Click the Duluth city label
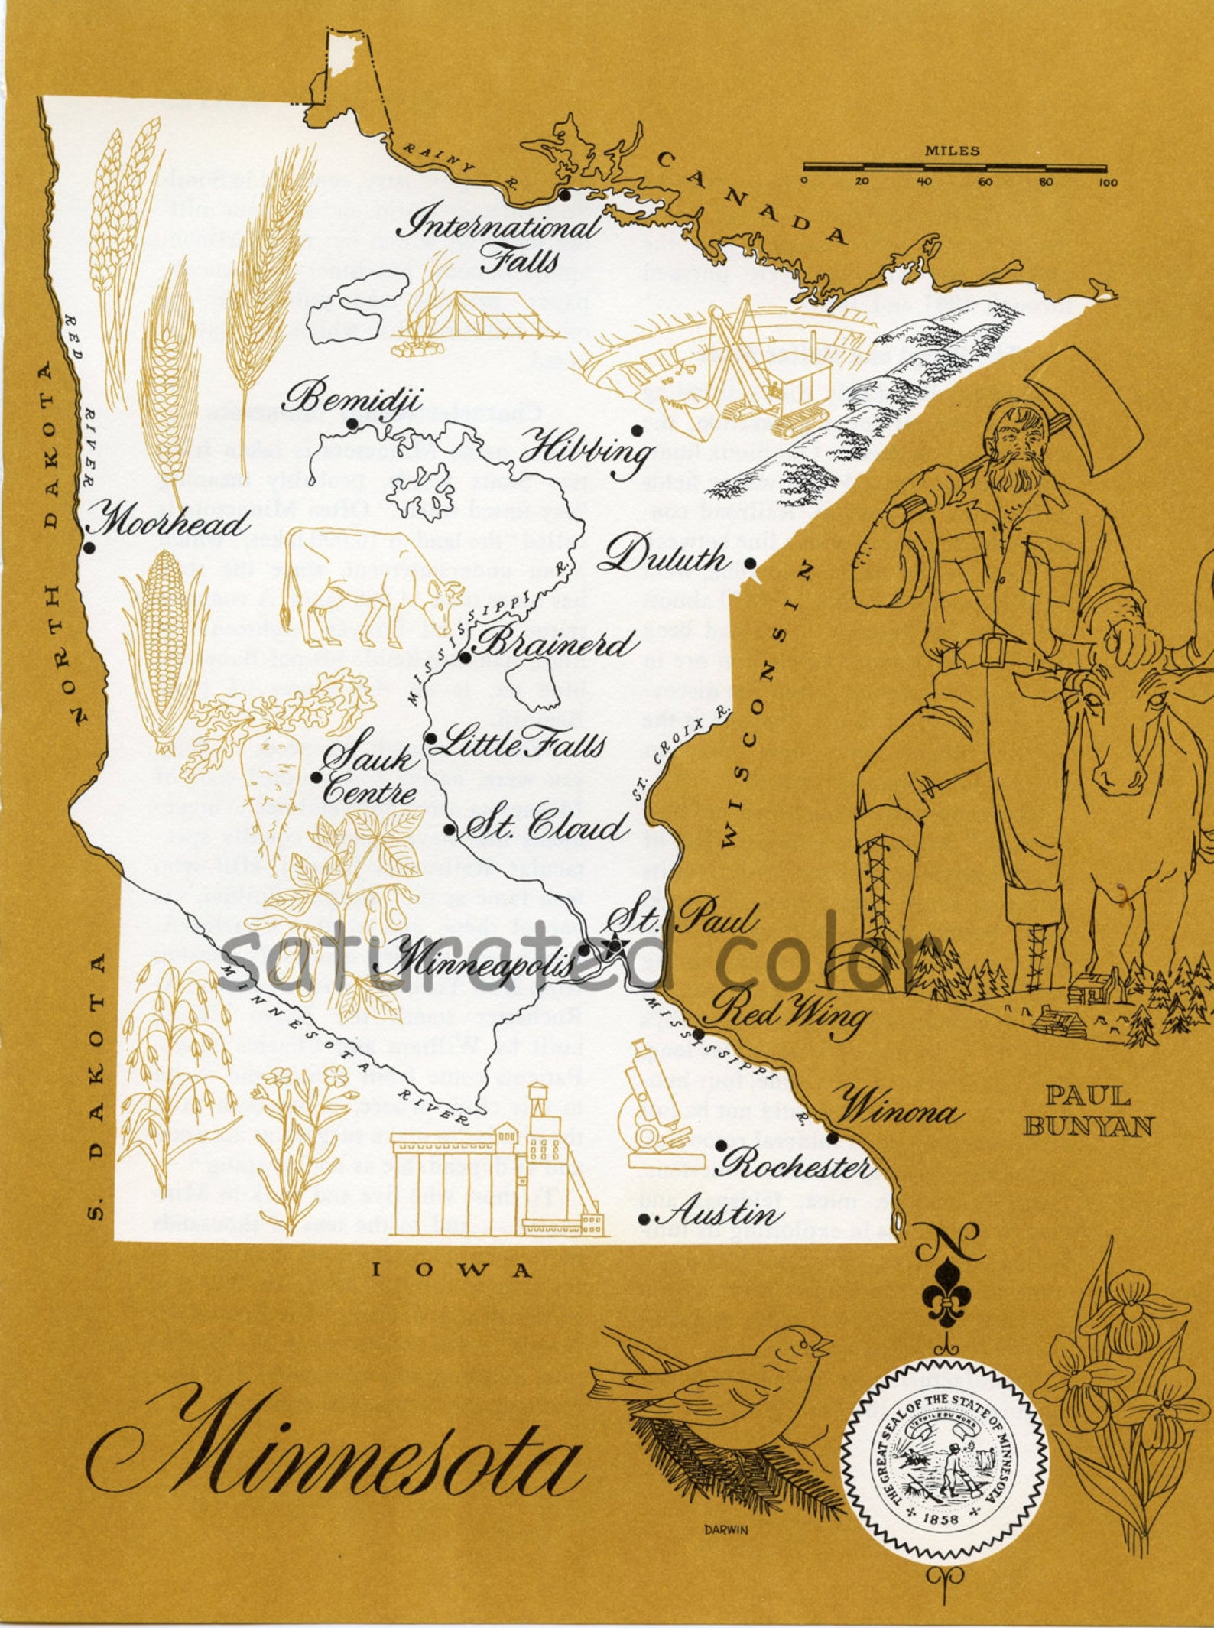click(x=662, y=556)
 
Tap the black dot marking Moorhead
click(x=89, y=548)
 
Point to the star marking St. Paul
click(x=615, y=946)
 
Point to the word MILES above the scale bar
click(x=953, y=151)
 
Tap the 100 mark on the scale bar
click(x=1108, y=182)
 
